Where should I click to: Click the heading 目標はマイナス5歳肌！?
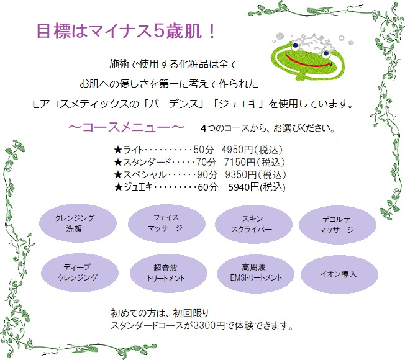tap(125, 31)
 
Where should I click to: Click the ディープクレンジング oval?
tap(77, 272)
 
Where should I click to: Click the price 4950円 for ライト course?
tap(235, 150)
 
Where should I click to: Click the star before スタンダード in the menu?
tap(117, 162)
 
